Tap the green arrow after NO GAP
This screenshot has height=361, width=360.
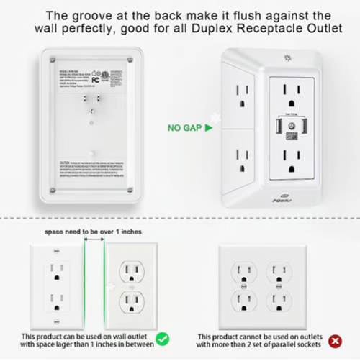(209, 129)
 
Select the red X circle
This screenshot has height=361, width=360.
(334, 339)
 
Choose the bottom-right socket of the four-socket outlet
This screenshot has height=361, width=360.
(279, 301)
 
